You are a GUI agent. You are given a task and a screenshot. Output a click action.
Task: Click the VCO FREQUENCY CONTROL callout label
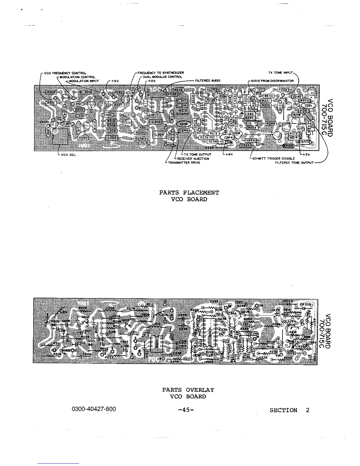point(65,73)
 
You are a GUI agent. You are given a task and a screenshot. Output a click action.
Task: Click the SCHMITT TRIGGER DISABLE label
point(274,158)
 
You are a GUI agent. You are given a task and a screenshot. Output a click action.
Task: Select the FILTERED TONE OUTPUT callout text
point(294,162)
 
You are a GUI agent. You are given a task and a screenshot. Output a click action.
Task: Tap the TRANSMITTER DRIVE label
point(184,162)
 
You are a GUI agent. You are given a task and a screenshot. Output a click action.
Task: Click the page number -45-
point(186,410)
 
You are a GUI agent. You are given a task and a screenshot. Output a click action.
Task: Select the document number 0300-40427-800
point(94,409)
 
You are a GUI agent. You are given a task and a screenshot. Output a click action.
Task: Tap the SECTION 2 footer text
point(289,410)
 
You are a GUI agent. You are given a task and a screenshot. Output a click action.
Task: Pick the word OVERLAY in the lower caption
point(200,390)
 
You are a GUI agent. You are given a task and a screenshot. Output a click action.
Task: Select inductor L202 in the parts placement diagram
point(112,137)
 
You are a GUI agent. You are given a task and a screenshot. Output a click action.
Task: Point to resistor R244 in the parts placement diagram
point(270,124)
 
